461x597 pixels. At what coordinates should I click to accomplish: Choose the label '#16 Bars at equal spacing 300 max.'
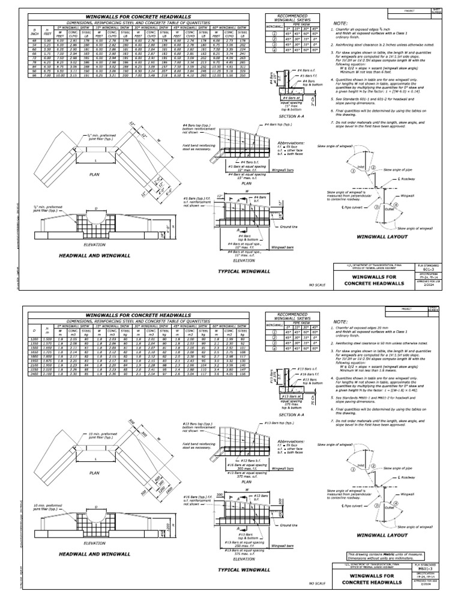[247, 465]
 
